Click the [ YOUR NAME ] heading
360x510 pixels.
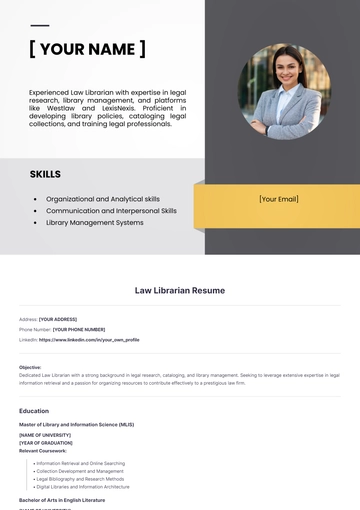(87, 49)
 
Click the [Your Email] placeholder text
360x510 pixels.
(278, 199)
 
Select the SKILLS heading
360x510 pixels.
(45, 174)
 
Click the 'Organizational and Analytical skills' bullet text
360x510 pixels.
(103, 199)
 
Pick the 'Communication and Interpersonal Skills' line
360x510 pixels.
(111, 211)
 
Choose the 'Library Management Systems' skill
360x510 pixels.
(95, 223)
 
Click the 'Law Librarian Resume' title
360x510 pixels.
(180, 291)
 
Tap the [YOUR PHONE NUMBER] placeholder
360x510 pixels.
(78, 329)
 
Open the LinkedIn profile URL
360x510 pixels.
(89, 339)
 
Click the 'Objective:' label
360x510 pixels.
(30, 367)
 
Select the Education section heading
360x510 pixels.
(34, 411)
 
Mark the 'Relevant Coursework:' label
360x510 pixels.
(43, 450)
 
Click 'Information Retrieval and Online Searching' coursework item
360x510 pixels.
(80, 463)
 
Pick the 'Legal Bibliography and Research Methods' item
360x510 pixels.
(80, 478)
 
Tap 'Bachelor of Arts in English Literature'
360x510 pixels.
(62, 499)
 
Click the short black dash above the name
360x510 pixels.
(39, 25)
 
